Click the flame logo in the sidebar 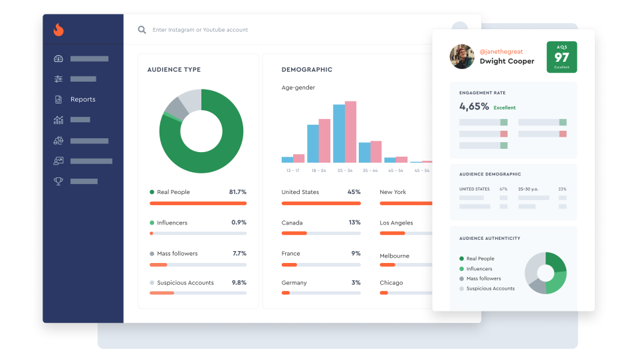(x=58, y=30)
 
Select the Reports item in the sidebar (x=82, y=100)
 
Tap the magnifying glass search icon (x=142, y=30)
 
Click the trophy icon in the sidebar (x=58, y=181)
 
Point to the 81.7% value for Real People (x=237, y=192)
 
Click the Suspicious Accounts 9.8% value (x=239, y=283)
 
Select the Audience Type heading (x=173, y=70)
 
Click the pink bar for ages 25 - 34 (x=350, y=132)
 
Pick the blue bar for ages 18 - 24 (x=312, y=143)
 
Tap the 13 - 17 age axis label (x=292, y=171)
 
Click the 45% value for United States (x=354, y=192)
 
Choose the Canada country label (x=292, y=223)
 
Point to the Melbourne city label (x=394, y=256)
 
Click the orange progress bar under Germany (x=286, y=293)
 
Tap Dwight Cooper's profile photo (x=461, y=56)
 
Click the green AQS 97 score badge (x=562, y=57)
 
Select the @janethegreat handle (x=501, y=52)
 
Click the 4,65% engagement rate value (x=474, y=106)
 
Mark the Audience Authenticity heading (x=489, y=238)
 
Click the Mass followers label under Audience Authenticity (x=483, y=279)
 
